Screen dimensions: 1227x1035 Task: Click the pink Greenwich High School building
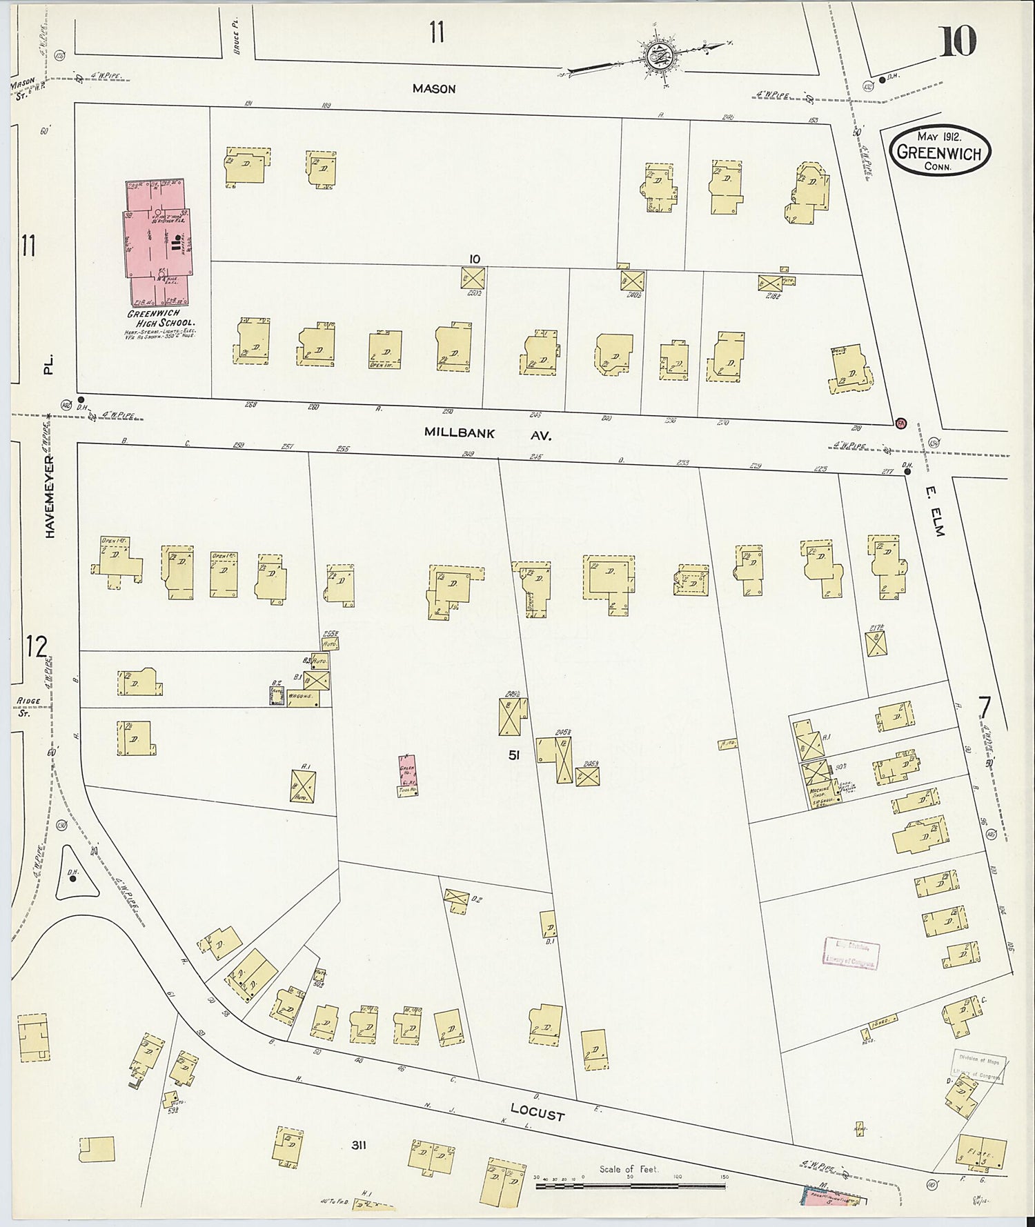[x=159, y=241]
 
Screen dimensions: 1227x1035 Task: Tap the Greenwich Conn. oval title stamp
[x=939, y=151]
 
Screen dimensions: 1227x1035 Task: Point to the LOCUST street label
[x=537, y=1112]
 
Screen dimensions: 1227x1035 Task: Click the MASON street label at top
[x=434, y=89]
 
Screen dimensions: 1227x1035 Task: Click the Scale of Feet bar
[x=630, y=1187]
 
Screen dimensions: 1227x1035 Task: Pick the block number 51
[x=513, y=755]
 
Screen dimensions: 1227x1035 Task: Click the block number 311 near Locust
[x=358, y=1146]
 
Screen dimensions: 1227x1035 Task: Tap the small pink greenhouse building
[x=408, y=775]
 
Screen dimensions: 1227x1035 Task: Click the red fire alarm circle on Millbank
[x=900, y=423]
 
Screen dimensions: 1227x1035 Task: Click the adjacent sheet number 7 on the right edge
[x=985, y=708]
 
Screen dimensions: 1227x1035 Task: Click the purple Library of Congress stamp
[x=850, y=954]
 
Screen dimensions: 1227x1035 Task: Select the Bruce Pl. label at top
[x=235, y=42]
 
